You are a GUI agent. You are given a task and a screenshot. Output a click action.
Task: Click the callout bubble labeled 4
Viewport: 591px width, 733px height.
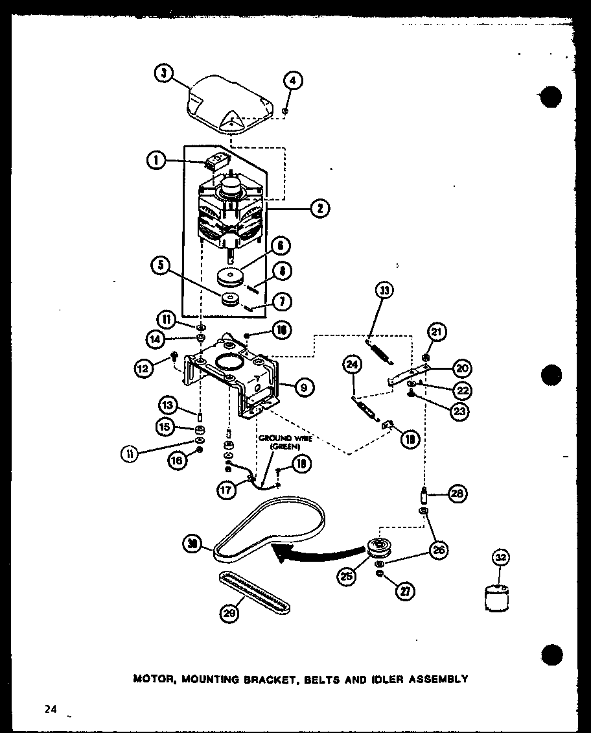[292, 81]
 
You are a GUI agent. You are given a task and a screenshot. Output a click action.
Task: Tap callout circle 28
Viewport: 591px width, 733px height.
[456, 494]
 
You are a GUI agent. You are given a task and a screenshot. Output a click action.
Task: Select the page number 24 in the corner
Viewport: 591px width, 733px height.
[51, 710]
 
